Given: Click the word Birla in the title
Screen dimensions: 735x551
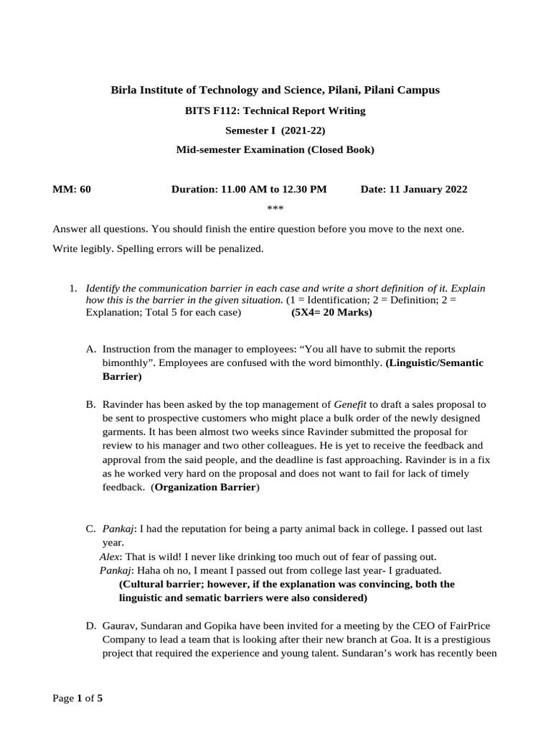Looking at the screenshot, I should click(123, 90).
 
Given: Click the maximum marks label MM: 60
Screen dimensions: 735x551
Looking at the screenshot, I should click(72, 189).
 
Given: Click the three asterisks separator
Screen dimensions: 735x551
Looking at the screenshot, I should click(275, 209).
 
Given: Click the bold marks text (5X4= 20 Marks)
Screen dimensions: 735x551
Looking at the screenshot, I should click(331, 313).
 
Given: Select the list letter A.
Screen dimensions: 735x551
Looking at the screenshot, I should click(90, 349).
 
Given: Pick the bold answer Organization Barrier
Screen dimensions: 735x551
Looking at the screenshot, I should click(205, 487).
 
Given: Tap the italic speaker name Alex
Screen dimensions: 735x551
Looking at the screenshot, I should click(110, 556).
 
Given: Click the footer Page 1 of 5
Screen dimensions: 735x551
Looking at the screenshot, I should click(78, 698).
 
